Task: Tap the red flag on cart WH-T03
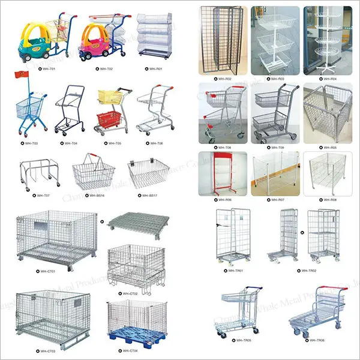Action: (25, 92)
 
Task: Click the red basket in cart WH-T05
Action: (108, 119)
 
